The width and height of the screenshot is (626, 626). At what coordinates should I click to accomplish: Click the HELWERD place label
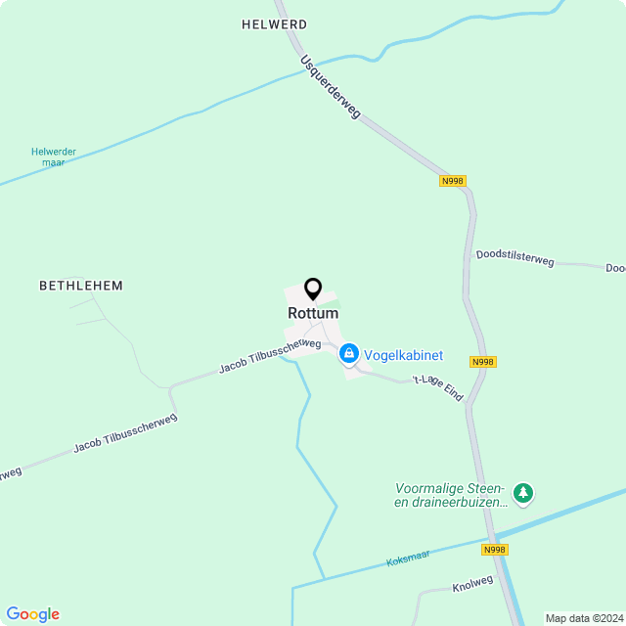tap(274, 24)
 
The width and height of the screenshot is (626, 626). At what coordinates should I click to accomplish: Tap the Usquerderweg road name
tap(331, 87)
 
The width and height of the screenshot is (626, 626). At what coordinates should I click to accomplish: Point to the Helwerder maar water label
tap(54, 156)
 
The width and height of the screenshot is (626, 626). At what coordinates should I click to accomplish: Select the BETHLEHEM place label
tap(81, 286)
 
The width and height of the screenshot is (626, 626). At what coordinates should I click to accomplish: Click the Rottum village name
tap(313, 313)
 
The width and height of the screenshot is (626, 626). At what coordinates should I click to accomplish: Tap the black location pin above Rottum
tap(313, 289)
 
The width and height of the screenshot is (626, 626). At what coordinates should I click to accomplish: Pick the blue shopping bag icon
tap(348, 353)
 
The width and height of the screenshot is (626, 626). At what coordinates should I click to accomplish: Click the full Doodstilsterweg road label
tap(515, 259)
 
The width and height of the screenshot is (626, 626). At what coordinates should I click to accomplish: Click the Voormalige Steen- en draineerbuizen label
tap(450, 495)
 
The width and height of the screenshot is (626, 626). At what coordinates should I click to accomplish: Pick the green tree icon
tap(524, 494)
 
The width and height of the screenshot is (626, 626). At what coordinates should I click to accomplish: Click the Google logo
tap(32, 614)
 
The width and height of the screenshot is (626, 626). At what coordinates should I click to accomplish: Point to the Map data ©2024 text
tap(584, 618)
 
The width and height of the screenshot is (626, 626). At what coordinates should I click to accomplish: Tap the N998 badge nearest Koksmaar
tap(495, 550)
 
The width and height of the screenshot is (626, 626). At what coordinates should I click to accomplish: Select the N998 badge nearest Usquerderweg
tap(453, 181)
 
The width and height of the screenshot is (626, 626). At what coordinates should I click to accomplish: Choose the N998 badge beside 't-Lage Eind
tap(483, 362)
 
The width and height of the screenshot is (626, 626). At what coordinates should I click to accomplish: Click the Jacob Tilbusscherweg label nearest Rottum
tap(270, 355)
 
